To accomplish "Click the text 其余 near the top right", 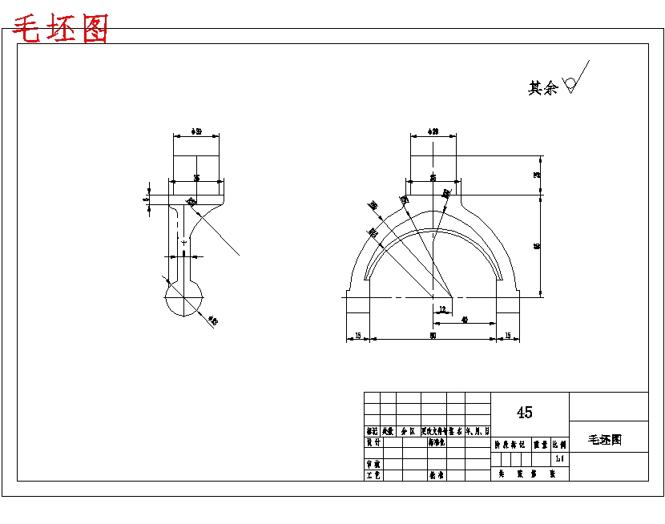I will pyautogui.click(x=542, y=88).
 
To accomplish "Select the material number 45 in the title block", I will pyautogui.click(x=524, y=413).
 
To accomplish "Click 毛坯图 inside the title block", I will pyautogui.click(x=605, y=440).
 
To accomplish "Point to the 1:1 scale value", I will pyautogui.click(x=559, y=459).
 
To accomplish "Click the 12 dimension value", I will pyautogui.click(x=441, y=309).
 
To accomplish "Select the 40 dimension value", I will pyautogui.click(x=465, y=320).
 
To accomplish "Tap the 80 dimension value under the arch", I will pyautogui.click(x=433, y=336).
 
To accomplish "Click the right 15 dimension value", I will pyautogui.click(x=507, y=335).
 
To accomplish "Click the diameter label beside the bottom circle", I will pyautogui.click(x=212, y=321).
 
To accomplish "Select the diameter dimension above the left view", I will pyautogui.click(x=196, y=131).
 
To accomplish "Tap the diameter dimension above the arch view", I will pyautogui.click(x=433, y=131).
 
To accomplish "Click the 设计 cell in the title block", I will pyautogui.click(x=373, y=442).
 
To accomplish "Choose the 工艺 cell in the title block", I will pyautogui.click(x=373, y=475).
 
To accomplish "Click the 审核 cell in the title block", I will pyautogui.click(x=373, y=464).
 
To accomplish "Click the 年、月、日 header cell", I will pyautogui.click(x=478, y=431).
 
